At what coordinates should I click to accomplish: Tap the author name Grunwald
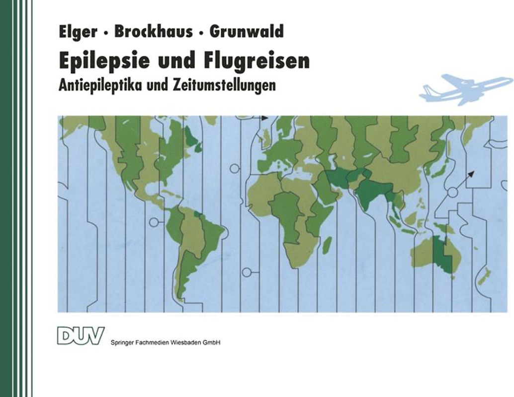coord(247,32)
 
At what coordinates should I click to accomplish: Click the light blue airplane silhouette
coord(465,88)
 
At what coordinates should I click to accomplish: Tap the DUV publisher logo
coord(81,335)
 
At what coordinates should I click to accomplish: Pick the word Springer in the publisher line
coord(121,342)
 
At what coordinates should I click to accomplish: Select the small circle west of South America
coord(154,222)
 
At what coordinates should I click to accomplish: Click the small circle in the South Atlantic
coord(247,272)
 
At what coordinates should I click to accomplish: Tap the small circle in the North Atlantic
coord(234,169)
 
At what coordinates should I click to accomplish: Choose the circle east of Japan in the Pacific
coord(452,192)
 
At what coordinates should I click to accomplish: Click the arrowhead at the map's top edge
coord(264,118)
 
